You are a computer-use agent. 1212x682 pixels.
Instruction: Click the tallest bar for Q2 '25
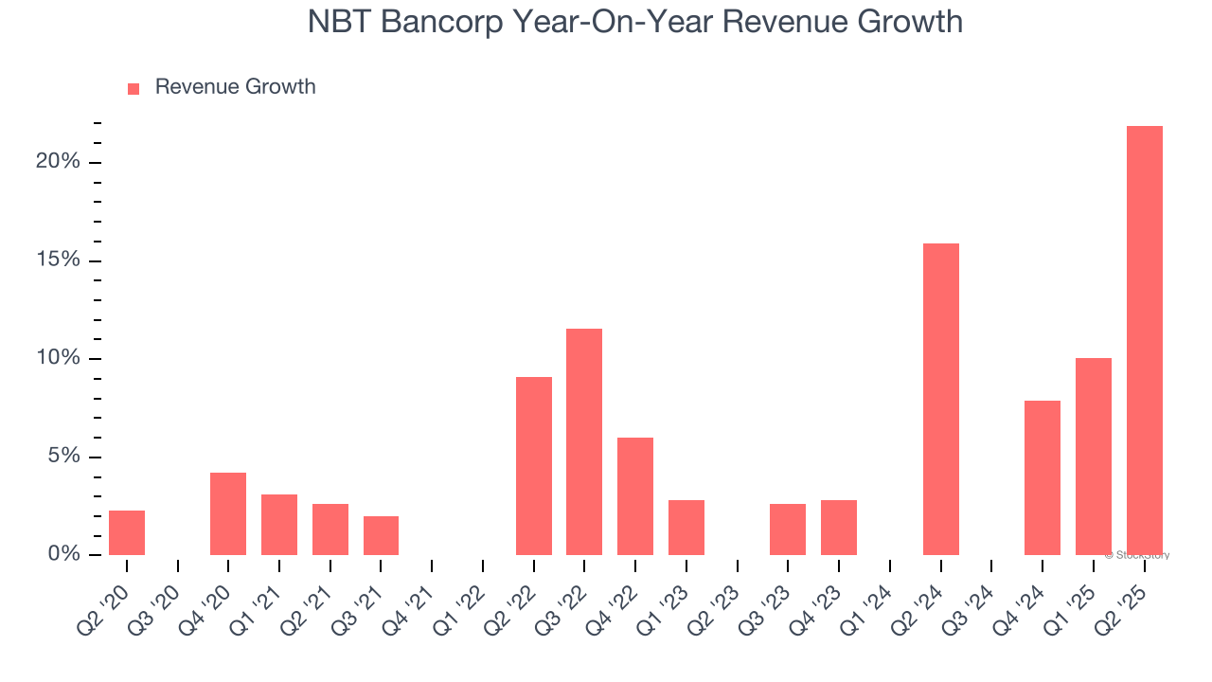click(1144, 340)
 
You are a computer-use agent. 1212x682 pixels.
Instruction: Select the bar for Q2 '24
click(940, 399)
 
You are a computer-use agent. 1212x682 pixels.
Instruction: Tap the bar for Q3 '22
click(584, 441)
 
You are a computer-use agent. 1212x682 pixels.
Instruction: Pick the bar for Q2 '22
click(533, 466)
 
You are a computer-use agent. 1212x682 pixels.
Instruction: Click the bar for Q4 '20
click(228, 513)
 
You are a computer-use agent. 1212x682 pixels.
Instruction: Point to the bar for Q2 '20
click(127, 532)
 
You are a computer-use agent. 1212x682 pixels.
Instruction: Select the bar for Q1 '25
click(1093, 457)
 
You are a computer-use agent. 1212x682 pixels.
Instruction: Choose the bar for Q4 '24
click(1043, 477)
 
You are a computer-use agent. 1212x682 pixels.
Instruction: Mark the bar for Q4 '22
click(635, 496)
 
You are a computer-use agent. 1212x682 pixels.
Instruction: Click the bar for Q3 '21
click(381, 535)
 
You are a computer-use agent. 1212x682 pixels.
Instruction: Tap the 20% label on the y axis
click(58, 162)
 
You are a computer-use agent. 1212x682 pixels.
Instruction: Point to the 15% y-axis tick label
click(58, 260)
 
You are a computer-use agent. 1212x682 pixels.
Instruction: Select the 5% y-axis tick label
click(62, 457)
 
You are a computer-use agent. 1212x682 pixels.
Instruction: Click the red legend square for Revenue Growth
click(134, 88)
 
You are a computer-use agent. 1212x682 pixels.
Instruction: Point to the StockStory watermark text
click(1140, 555)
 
